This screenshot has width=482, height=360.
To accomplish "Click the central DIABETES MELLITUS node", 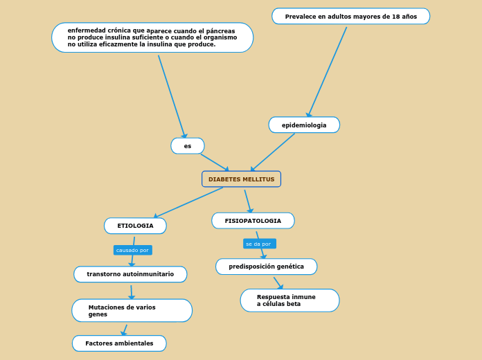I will (241, 179).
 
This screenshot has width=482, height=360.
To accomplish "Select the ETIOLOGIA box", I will (135, 226).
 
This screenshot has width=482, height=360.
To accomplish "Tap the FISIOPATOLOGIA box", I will (253, 221).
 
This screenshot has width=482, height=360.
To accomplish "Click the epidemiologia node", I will (304, 125).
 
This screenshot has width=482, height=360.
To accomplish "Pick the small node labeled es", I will (188, 146).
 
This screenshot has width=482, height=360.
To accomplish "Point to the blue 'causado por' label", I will (132, 250).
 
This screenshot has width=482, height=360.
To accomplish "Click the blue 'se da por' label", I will (259, 244).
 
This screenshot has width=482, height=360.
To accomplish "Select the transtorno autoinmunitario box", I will (130, 274).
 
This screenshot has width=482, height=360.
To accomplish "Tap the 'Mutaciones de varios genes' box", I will (132, 310).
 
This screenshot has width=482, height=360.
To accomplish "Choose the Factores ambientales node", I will (119, 343).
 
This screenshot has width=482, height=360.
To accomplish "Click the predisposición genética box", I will (266, 267).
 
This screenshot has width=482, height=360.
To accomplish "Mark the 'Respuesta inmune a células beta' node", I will (289, 300).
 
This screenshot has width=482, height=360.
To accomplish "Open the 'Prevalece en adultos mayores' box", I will (350, 16).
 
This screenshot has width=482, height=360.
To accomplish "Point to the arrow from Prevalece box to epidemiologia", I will (327, 71).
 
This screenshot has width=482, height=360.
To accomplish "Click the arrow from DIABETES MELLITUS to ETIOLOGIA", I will (189, 202).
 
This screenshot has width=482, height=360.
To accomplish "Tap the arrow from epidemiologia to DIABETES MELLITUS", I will (274, 152).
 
